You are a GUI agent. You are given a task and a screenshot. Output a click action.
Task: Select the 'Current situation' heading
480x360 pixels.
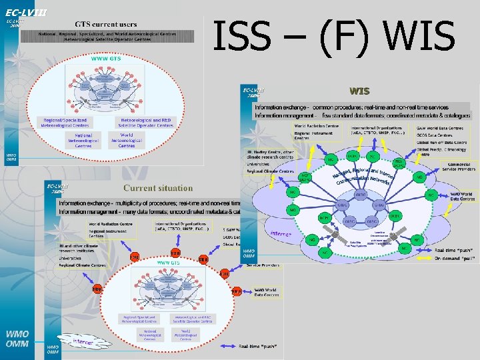(x=157, y=188)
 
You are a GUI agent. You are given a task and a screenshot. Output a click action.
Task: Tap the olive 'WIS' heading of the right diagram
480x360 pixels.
(x=359, y=91)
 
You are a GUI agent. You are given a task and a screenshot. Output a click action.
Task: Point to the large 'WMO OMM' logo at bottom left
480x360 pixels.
(x=17, y=338)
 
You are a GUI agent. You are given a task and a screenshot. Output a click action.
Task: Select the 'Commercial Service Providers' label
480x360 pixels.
(x=459, y=167)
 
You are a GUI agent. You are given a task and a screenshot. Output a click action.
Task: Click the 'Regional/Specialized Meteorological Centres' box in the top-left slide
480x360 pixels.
(x=65, y=123)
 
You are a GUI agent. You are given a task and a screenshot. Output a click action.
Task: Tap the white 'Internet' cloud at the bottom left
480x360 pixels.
(x=83, y=343)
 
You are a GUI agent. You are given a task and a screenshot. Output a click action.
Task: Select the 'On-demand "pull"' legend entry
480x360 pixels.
(x=455, y=257)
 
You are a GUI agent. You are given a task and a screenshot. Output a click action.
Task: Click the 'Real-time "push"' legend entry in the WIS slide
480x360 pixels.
(x=455, y=250)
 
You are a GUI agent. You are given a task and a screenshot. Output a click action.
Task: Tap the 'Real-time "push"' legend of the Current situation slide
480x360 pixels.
(x=260, y=346)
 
